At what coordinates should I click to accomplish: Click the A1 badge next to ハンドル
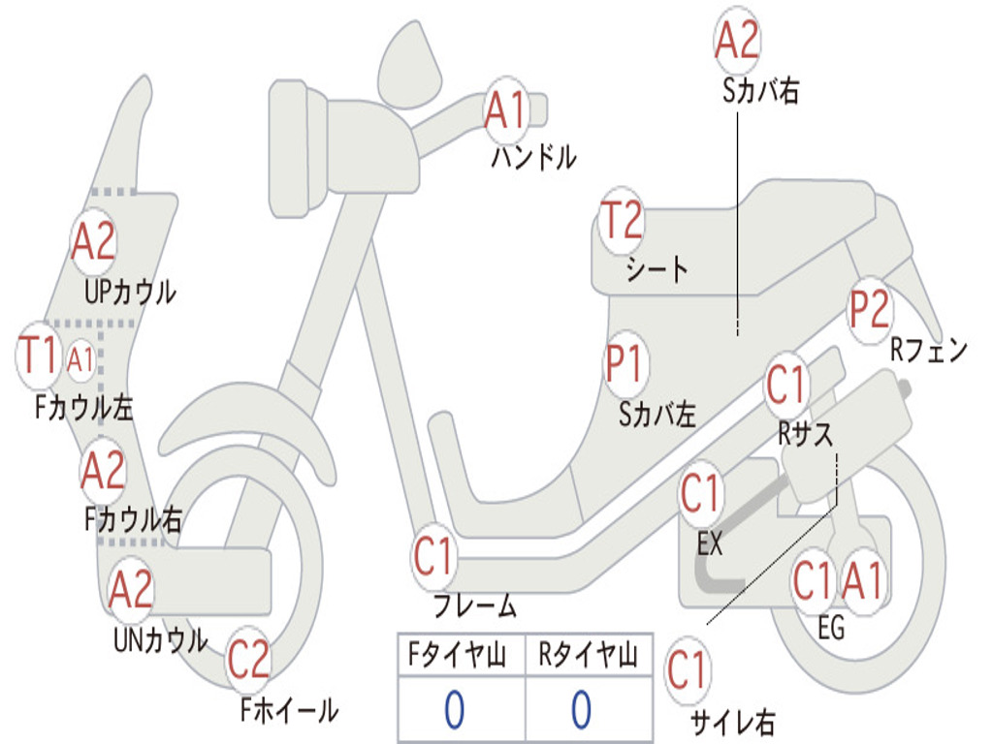coord(505,110)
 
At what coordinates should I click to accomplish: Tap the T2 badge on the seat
coord(622,221)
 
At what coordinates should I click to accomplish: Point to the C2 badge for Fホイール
coord(249,661)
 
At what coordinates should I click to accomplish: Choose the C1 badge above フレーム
coord(434,558)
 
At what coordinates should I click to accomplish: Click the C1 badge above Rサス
coord(786,386)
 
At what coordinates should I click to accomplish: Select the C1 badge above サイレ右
coord(688,671)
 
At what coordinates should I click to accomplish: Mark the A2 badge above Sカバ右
coord(737,41)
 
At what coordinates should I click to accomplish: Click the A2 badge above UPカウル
coord(93,242)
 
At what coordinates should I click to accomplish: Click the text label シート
coord(657,268)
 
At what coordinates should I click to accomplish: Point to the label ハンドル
coord(533,156)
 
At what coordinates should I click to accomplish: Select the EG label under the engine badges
coord(831,629)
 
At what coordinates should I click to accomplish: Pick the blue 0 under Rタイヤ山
coord(582,710)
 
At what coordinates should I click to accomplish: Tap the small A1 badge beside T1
coord(80,359)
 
